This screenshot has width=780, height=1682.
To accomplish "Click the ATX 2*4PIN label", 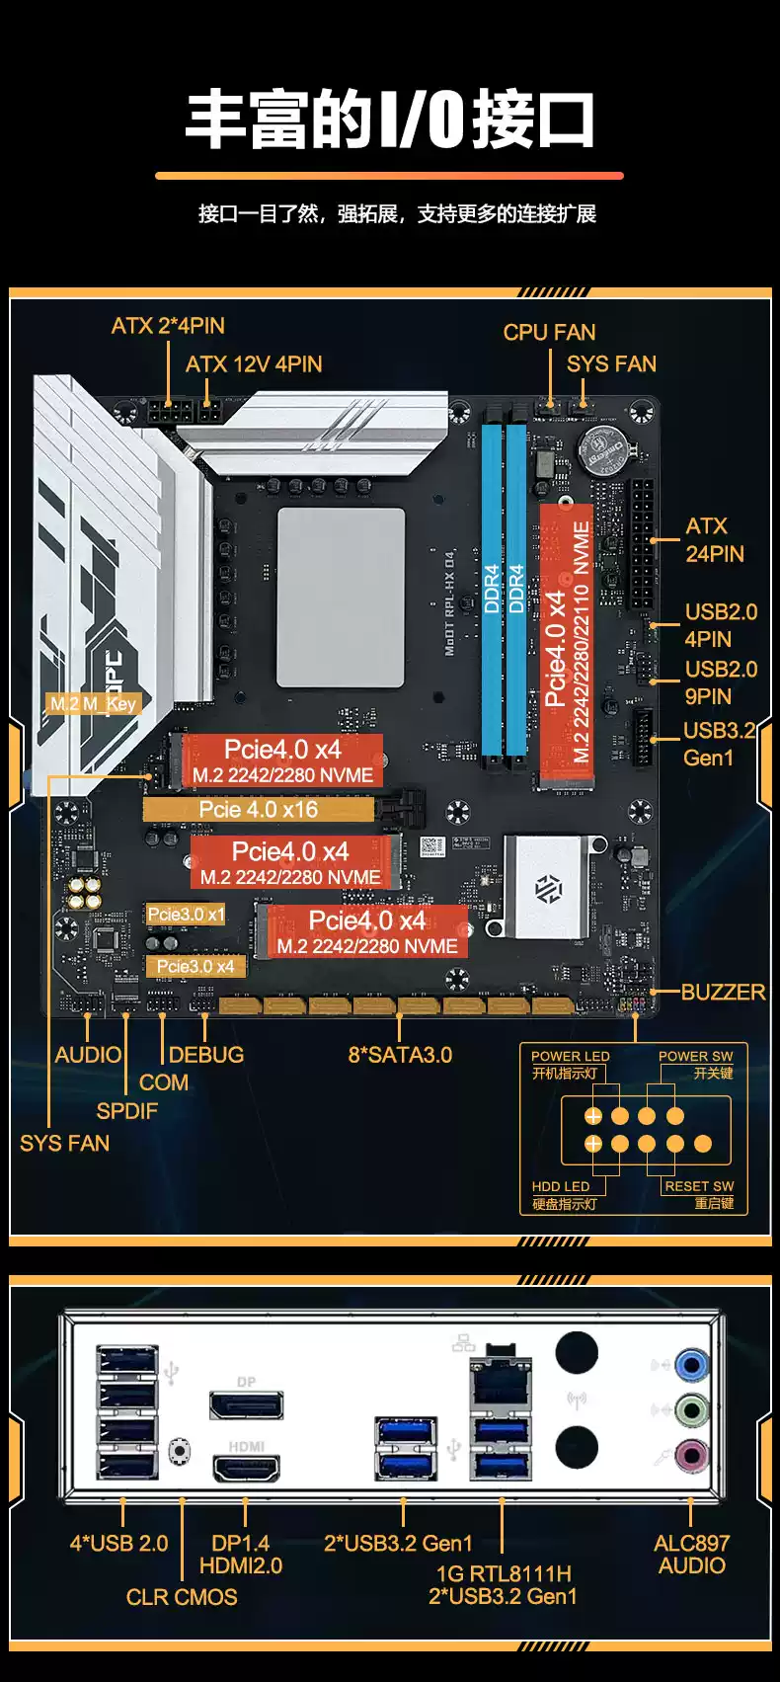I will (x=168, y=326).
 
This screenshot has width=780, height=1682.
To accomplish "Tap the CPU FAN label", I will (x=549, y=333).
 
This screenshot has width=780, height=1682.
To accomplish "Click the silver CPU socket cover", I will (x=341, y=597).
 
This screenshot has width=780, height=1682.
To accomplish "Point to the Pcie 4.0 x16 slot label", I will (x=259, y=810).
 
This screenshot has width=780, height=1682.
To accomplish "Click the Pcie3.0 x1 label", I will (x=186, y=915).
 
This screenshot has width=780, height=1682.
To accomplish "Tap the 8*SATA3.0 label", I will (x=400, y=1055).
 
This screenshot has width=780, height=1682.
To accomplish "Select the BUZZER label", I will (x=723, y=992).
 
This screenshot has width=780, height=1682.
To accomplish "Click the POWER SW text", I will (x=695, y=1056).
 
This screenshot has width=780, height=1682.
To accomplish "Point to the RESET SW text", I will (x=699, y=1186).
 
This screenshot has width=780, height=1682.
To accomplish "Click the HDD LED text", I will (x=560, y=1186).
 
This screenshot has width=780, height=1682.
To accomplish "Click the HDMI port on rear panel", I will (x=246, y=1469).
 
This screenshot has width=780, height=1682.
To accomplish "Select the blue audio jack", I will (x=691, y=1366).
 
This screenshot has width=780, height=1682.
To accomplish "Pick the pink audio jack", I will (x=691, y=1454).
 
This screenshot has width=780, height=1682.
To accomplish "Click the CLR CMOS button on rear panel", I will (x=180, y=1450).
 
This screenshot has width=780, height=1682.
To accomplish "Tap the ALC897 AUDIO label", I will (x=691, y=1554).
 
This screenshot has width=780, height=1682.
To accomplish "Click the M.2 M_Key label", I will (x=94, y=704).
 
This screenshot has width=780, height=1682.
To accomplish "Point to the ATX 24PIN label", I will (x=714, y=540).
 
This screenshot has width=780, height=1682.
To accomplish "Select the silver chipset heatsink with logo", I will (x=546, y=887).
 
